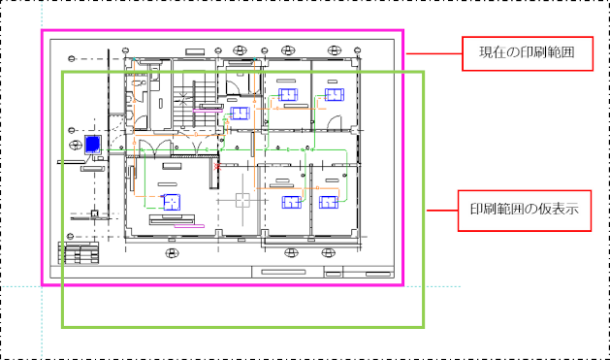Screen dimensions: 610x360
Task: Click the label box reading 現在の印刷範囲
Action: click(528, 53)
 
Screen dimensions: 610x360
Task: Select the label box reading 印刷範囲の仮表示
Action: click(525, 211)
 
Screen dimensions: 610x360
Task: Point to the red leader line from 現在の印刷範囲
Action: click(433, 53)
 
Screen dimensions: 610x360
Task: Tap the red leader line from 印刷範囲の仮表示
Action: click(442, 211)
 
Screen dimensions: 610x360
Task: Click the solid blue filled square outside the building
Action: click(93, 145)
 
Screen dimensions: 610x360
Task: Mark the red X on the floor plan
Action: click(217, 167)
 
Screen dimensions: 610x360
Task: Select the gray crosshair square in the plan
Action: click(242, 201)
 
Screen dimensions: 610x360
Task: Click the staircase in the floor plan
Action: click(195, 104)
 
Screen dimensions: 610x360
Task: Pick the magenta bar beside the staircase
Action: click(209, 111)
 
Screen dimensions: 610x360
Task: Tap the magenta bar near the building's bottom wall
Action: click(189, 226)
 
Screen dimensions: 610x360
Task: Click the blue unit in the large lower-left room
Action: click(172, 202)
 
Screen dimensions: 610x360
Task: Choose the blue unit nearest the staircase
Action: click(240, 114)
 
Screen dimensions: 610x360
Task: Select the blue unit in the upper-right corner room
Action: click(335, 94)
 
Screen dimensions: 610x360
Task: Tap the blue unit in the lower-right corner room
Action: click(329, 203)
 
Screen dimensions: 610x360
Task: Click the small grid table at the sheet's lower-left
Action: click(79, 253)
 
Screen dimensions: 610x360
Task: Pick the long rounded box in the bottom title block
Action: click(283, 272)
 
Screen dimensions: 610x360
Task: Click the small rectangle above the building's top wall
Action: click(195, 51)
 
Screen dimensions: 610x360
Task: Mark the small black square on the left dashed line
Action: click(94, 213)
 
